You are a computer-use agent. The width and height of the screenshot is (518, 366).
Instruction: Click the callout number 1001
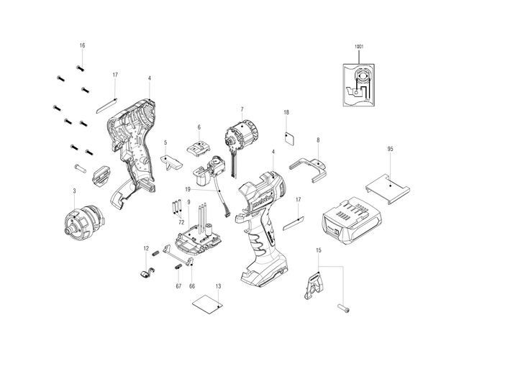360,46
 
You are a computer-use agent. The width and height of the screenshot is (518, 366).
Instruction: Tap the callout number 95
390,149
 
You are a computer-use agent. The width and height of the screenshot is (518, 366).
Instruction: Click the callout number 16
82,45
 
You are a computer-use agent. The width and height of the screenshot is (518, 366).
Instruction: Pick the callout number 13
217,285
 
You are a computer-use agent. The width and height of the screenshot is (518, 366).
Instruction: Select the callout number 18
286,113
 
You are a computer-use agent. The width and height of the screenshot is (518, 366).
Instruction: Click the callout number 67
178,285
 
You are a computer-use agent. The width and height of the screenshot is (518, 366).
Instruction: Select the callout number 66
192,285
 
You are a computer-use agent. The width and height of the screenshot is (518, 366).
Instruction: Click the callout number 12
145,249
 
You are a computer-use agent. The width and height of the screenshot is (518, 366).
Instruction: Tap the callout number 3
74,191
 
